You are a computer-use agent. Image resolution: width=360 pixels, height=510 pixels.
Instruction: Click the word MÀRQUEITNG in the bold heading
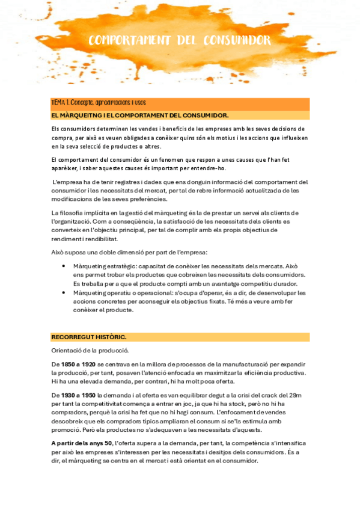point(84,114)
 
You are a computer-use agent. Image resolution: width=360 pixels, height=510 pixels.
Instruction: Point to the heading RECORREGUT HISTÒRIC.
point(89,337)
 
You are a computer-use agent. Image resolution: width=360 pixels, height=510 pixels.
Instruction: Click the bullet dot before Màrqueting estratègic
point(64,265)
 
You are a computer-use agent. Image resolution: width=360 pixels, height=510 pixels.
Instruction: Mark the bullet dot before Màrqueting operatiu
point(64,293)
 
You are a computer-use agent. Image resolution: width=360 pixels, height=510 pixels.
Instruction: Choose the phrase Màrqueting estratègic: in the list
point(99,265)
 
